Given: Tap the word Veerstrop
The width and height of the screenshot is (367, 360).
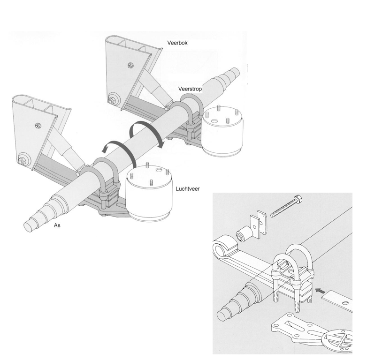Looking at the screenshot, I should [190, 89].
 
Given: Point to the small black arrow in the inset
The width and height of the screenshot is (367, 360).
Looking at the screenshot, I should [321, 291].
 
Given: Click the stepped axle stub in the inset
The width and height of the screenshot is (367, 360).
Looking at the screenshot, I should [235, 304].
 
